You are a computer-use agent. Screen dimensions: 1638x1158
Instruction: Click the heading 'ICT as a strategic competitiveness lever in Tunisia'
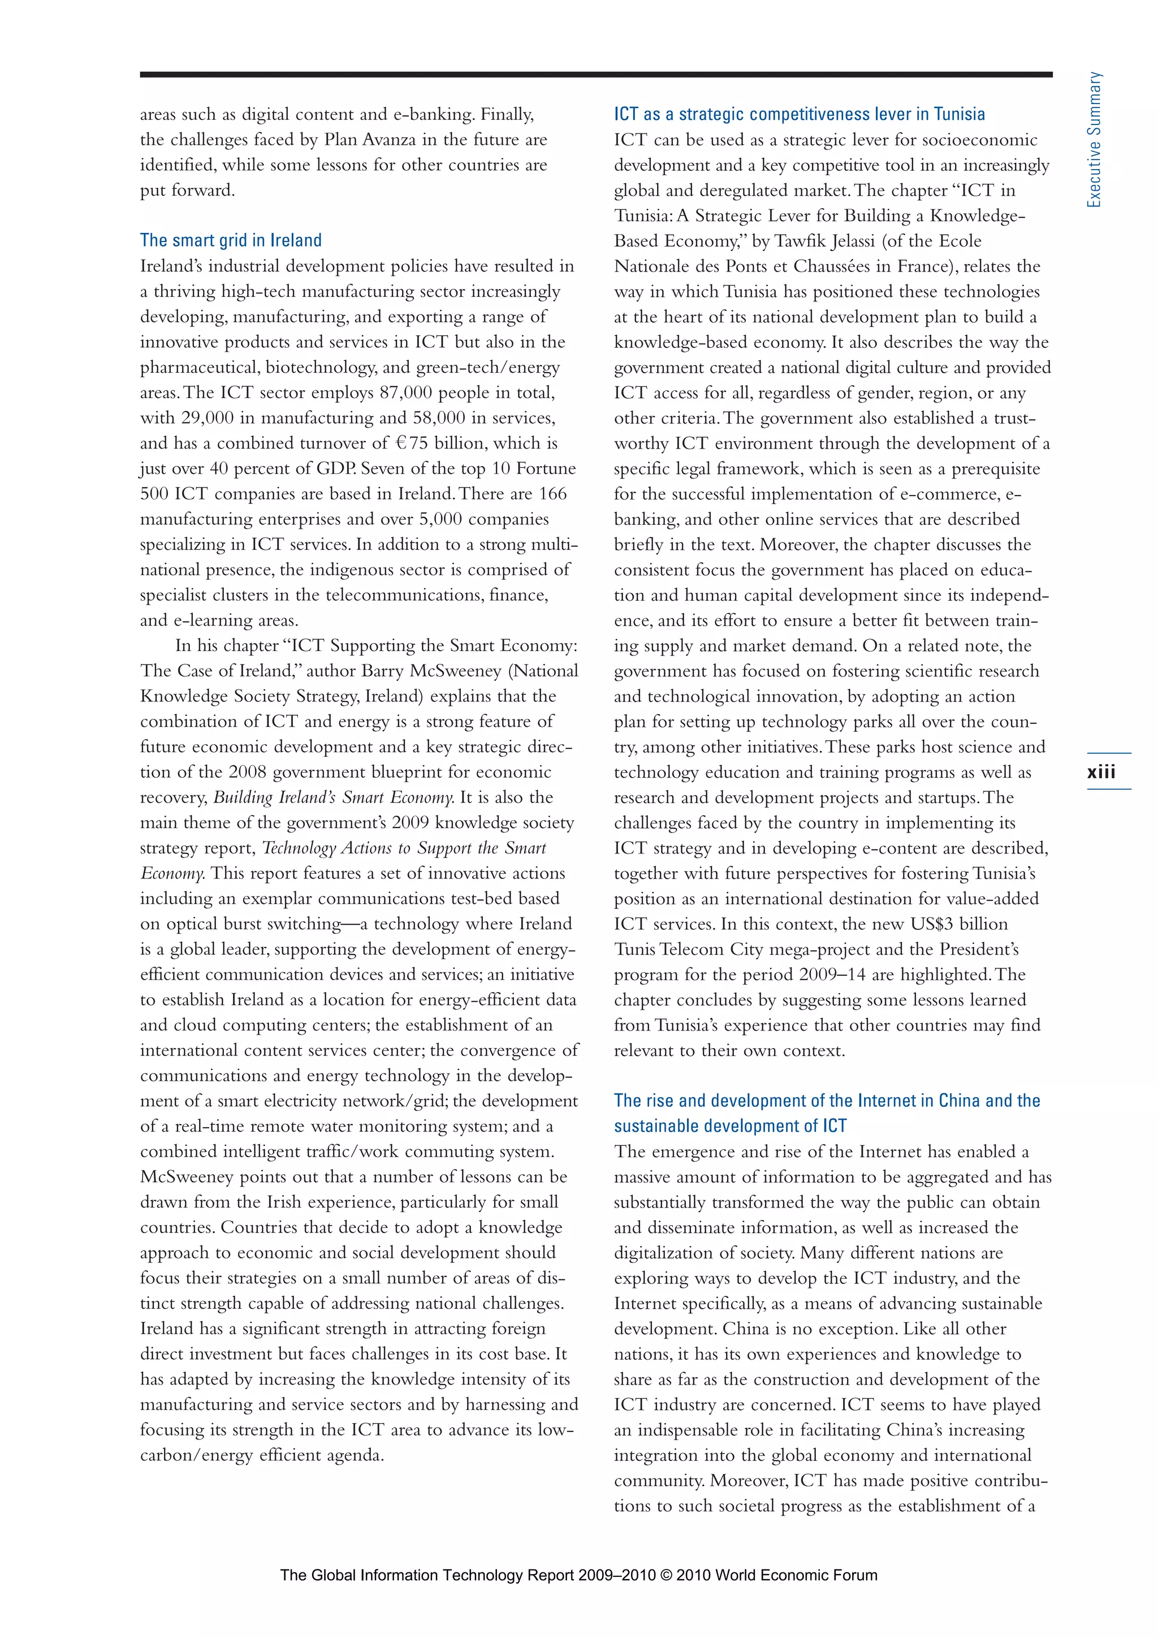800,114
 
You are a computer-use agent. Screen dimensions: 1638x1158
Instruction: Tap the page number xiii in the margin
1101,772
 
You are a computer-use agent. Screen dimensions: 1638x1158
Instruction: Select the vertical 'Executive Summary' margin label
1094,140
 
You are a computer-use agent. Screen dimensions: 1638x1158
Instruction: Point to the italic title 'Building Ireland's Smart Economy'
334,798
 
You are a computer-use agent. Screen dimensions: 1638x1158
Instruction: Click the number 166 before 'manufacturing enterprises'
552,494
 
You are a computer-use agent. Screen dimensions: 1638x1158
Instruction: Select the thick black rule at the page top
595,74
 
